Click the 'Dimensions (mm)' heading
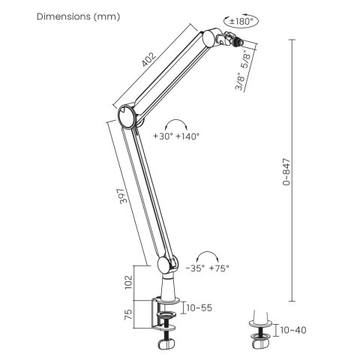[78, 16]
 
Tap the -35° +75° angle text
[208, 268]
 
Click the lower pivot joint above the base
[166, 265]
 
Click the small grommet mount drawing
[261, 334]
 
